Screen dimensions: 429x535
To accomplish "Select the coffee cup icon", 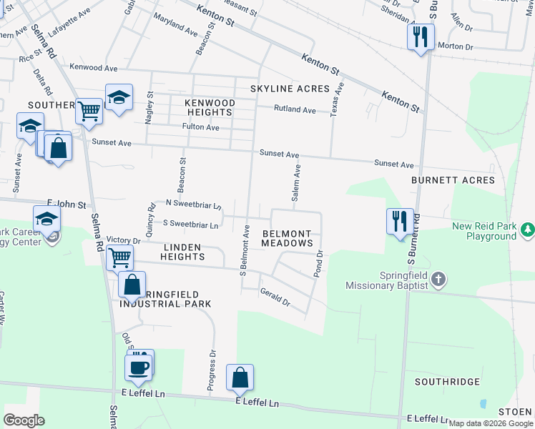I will [x=138, y=368].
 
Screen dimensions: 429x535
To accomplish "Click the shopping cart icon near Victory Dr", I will [x=119, y=257].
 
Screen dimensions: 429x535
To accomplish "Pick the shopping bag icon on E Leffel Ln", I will [x=240, y=377].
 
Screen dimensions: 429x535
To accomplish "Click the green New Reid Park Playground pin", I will [x=527, y=230].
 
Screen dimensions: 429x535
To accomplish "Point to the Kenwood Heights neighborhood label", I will [x=210, y=108].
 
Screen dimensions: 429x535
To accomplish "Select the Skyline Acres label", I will [x=289, y=89].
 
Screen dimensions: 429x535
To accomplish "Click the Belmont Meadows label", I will [x=288, y=239].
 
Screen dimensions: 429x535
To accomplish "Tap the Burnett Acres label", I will [x=453, y=180].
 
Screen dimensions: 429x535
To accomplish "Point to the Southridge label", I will [x=448, y=381].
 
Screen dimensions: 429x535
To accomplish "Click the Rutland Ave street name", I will [x=295, y=110].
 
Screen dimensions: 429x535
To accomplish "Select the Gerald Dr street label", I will [x=275, y=297].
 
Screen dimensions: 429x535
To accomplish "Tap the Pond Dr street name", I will [x=318, y=264].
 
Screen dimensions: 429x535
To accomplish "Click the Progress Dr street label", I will [x=212, y=372].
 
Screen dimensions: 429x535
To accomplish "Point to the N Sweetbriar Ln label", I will [x=192, y=204].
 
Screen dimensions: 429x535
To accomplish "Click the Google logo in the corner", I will [x=24, y=420].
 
